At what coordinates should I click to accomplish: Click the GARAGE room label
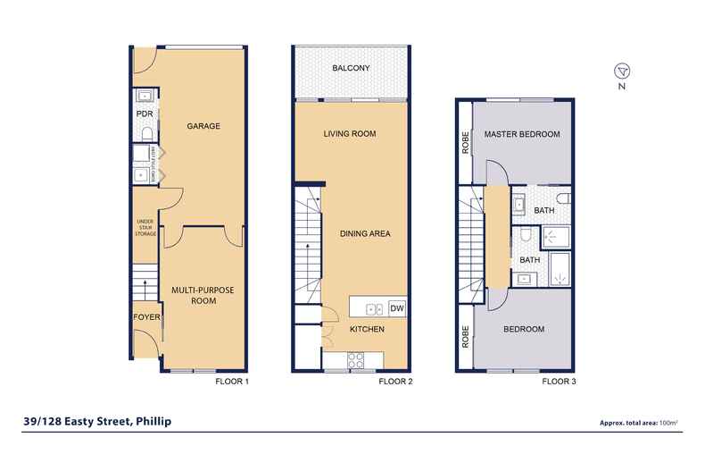[x=203, y=126]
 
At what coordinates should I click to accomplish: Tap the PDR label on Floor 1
[x=143, y=114]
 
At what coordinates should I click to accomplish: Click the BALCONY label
[x=351, y=69]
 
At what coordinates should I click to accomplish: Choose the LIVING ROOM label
[x=349, y=134]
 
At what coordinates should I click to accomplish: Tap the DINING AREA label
[x=366, y=234]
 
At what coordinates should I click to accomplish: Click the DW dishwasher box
[x=398, y=309]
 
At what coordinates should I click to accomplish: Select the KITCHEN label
[x=367, y=330]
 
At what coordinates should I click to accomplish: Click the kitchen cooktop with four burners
[x=354, y=361]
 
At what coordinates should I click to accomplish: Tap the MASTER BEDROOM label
[x=522, y=134]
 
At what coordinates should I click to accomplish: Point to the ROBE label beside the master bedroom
[x=465, y=144]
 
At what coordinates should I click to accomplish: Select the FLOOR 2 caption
[x=394, y=382]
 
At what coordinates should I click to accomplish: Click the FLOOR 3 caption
[x=560, y=382]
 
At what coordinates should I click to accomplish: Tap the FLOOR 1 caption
[x=232, y=382]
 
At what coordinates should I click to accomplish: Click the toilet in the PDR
[x=145, y=134]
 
